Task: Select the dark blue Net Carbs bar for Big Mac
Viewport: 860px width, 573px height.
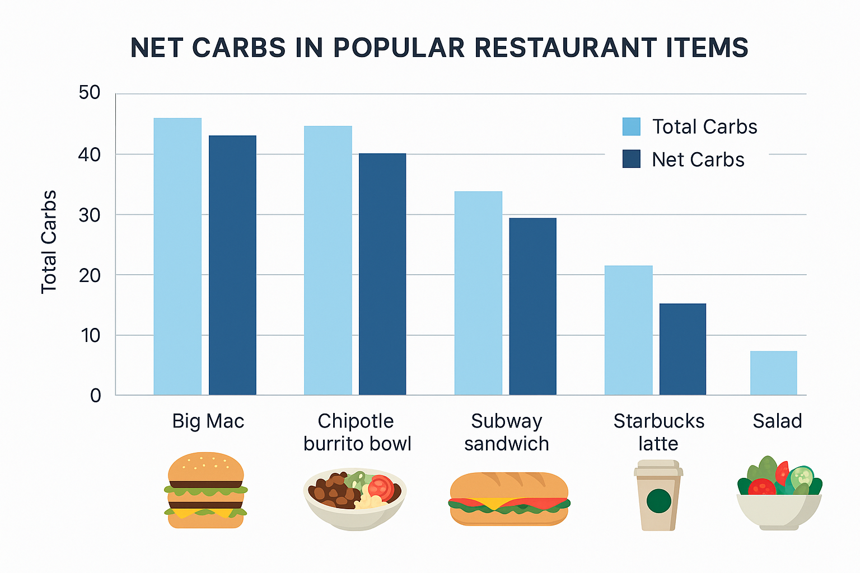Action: (x=232, y=265)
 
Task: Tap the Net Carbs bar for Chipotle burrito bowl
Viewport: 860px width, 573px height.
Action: (x=382, y=274)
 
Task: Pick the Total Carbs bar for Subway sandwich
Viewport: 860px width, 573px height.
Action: (x=478, y=293)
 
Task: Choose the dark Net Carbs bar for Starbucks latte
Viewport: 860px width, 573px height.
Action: (x=683, y=349)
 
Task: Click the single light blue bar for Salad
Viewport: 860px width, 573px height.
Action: (x=773, y=373)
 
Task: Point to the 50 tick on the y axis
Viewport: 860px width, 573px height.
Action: (x=90, y=93)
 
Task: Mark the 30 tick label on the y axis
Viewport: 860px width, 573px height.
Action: (x=90, y=215)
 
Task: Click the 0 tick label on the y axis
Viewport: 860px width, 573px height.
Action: (x=95, y=396)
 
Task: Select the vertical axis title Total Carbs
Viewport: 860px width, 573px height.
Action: (x=49, y=242)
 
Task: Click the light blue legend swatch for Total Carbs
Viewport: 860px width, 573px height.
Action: (x=631, y=126)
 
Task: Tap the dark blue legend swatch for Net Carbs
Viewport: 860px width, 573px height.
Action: (x=631, y=159)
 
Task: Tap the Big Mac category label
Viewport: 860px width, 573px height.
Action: (x=208, y=421)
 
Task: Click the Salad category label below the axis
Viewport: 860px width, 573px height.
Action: (x=777, y=421)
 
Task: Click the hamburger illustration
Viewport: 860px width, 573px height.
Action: (x=206, y=490)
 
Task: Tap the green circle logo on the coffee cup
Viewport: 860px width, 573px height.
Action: (x=658, y=501)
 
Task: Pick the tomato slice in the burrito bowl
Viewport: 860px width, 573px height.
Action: (x=381, y=487)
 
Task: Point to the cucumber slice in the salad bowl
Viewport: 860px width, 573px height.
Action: (x=802, y=477)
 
